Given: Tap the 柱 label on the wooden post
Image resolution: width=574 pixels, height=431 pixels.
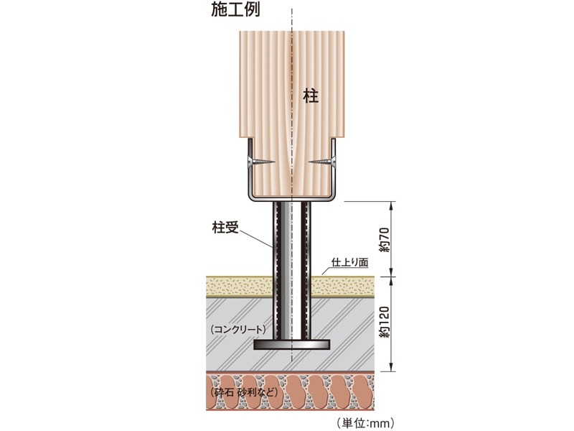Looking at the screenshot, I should (311, 96).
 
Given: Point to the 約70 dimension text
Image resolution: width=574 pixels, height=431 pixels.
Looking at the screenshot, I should (385, 240).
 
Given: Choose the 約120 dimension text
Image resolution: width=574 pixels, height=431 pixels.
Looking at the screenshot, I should (385, 323).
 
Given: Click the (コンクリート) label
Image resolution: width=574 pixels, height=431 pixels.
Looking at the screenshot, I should (239, 330).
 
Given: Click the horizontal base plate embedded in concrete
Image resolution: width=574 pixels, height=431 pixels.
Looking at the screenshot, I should (291, 346).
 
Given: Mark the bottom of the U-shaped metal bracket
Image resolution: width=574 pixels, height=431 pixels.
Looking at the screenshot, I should (291, 198).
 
